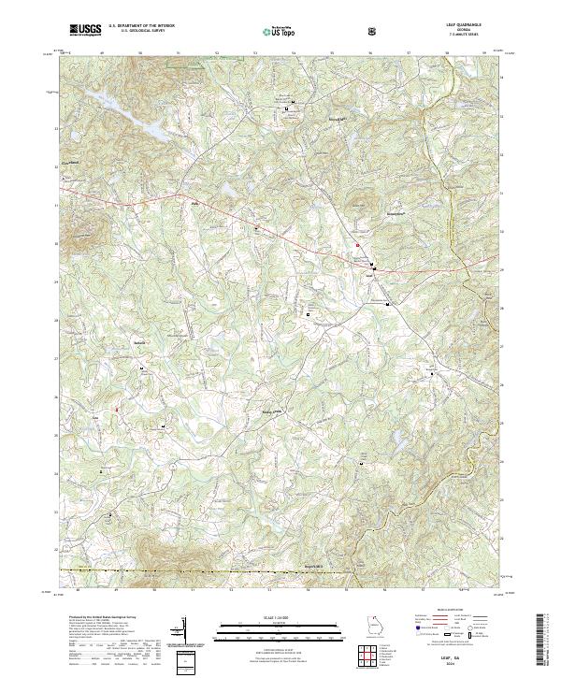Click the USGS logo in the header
tap(85, 31)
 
